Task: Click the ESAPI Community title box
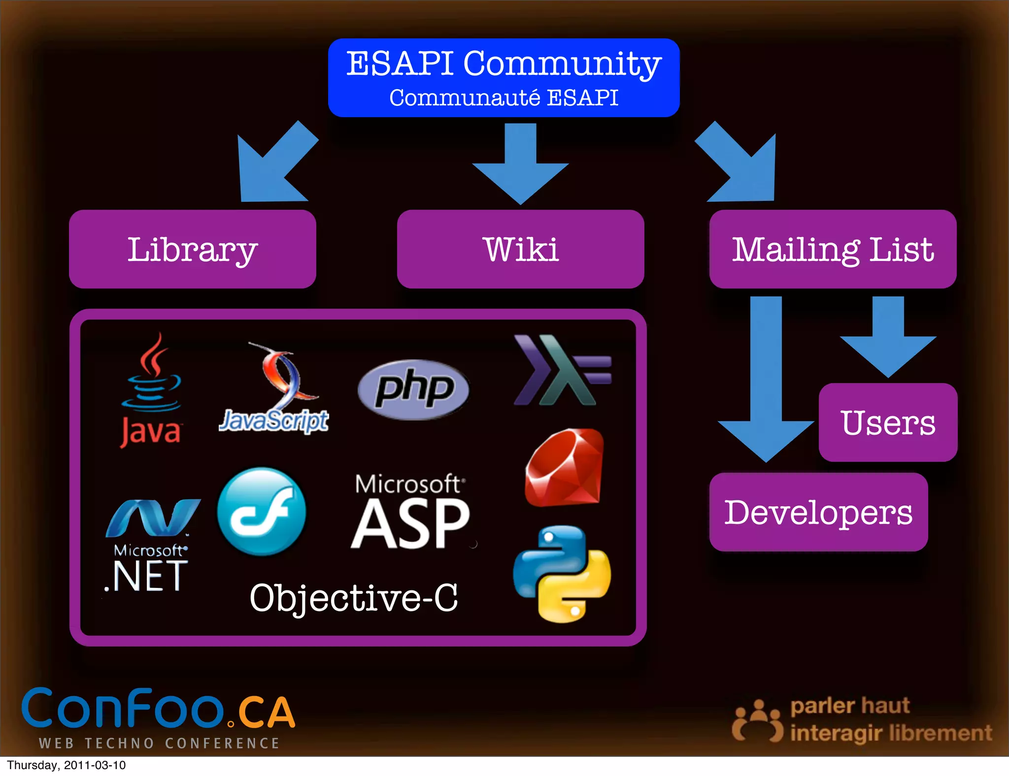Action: tap(504, 78)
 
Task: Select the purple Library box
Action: tap(192, 249)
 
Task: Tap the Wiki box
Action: tap(520, 249)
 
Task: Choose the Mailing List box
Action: tap(833, 249)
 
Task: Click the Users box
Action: tap(888, 422)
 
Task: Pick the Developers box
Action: tap(818, 512)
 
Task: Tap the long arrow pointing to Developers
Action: tap(766, 384)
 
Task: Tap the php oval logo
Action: tap(414, 389)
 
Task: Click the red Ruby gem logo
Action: tap(565, 468)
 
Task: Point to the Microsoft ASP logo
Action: tap(410, 512)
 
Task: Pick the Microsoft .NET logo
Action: tap(150, 547)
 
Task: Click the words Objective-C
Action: tap(354, 598)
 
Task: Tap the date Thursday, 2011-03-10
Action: tap(66, 765)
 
